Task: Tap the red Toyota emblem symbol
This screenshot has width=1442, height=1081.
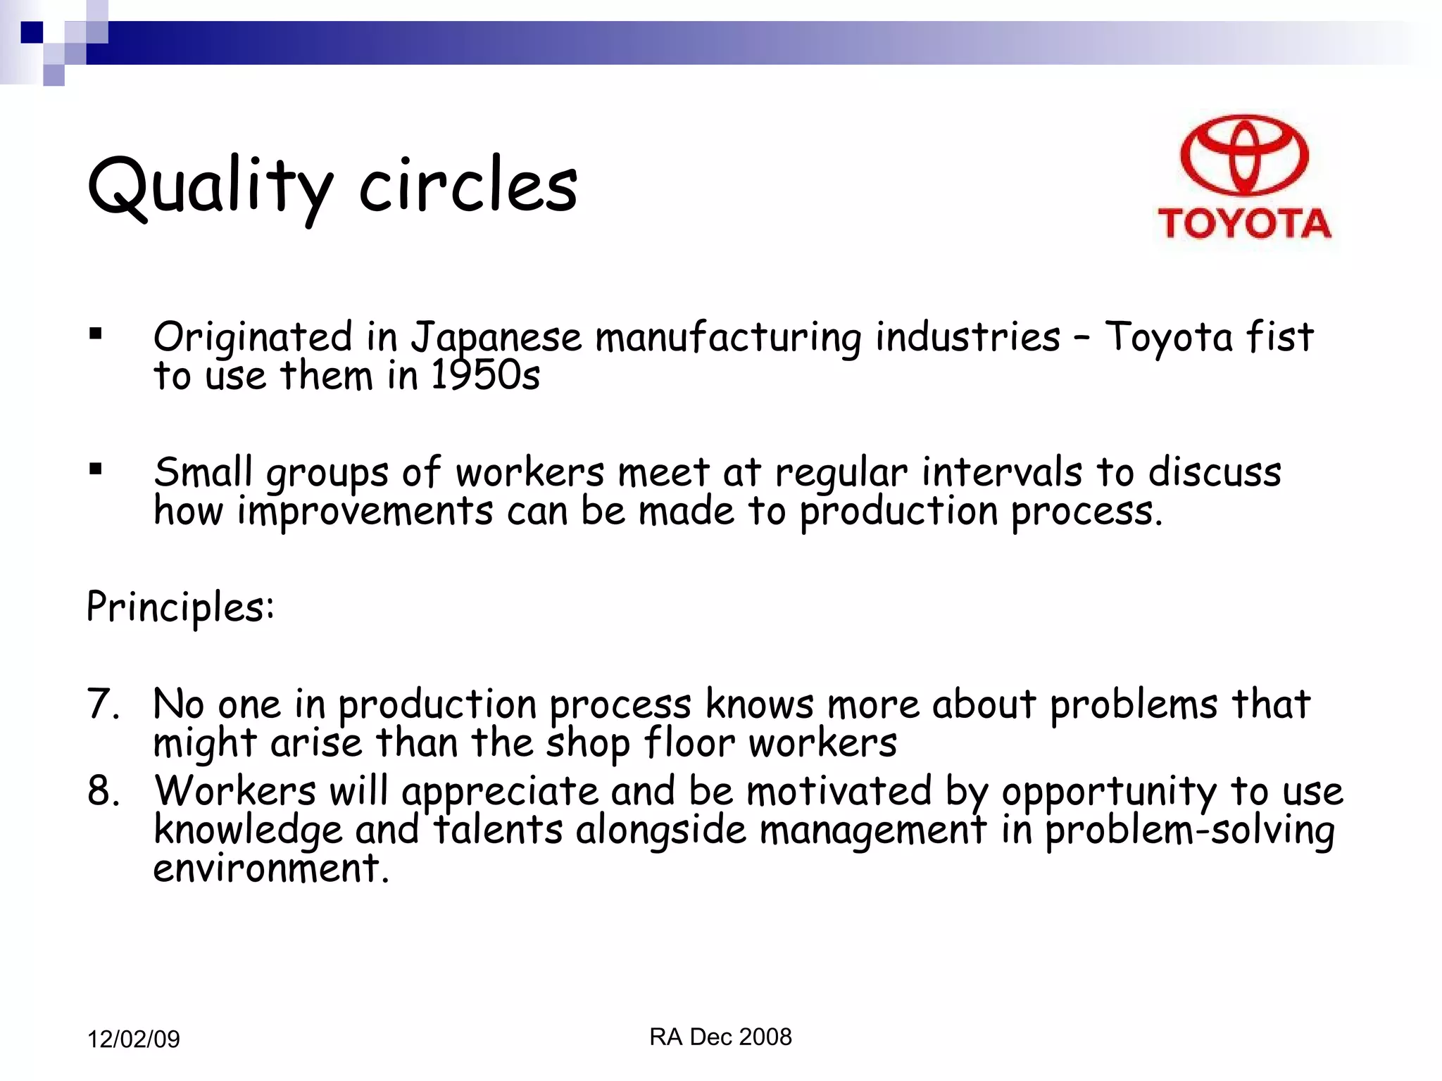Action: point(1244,156)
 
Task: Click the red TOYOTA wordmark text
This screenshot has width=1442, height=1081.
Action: point(1244,224)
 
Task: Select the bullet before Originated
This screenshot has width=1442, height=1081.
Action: point(96,334)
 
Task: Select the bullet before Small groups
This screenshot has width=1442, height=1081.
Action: point(96,469)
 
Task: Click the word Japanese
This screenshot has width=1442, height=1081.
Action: point(496,338)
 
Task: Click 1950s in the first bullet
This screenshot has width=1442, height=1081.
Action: point(485,376)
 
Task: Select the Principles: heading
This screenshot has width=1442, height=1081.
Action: point(180,607)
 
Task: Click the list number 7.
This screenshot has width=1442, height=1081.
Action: point(103,704)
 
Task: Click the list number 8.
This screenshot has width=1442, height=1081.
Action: point(103,790)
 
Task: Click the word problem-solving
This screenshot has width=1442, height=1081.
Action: point(1189,831)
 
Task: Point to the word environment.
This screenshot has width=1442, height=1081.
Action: point(270,868)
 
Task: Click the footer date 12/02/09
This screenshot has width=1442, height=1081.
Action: point(133,1039)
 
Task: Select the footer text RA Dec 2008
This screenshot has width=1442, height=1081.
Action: point(720,1037)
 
